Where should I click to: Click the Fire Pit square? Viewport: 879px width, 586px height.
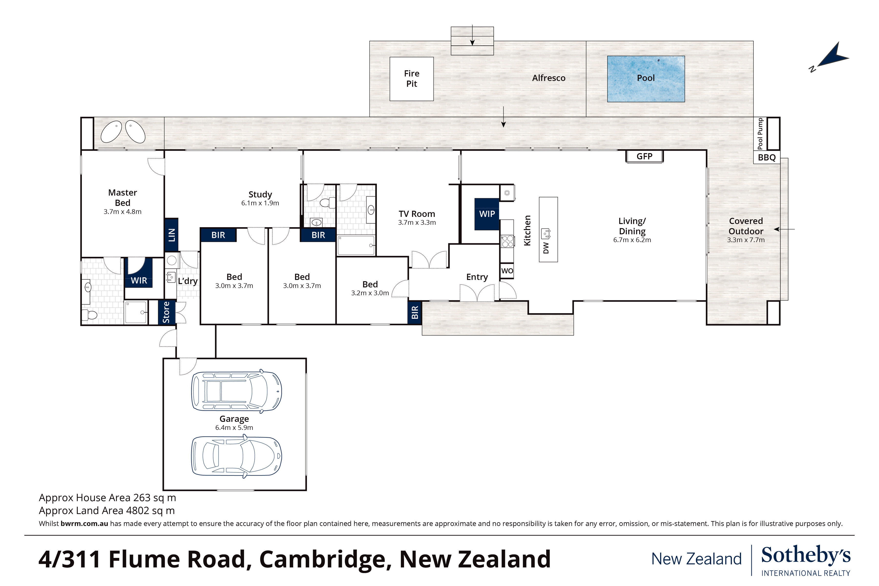[x=411, y=79]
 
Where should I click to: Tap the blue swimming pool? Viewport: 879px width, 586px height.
[x=646, y=79]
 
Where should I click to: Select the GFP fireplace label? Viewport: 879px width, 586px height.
[x=644, y=156]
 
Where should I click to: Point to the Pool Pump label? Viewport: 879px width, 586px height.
[x=760, y=133]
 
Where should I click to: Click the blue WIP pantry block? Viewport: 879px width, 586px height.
[x=487, y=214]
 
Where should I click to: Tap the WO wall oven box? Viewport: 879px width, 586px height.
[x=507, y=271]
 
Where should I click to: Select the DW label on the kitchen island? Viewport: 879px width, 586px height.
[x=546, y=248]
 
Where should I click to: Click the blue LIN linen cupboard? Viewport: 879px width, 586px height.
[x=171, y=235]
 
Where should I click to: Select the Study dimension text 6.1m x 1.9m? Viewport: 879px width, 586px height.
[x=260, y=203]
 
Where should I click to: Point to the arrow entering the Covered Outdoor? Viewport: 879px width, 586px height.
[x=784, y=229]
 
